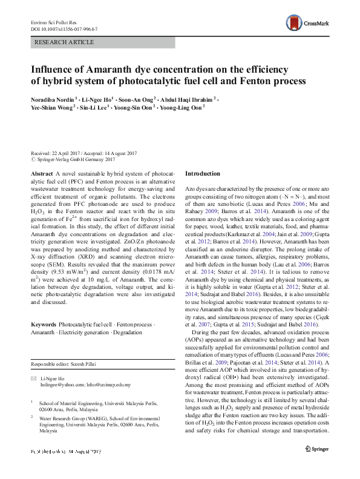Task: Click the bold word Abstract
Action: click(42, 173)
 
